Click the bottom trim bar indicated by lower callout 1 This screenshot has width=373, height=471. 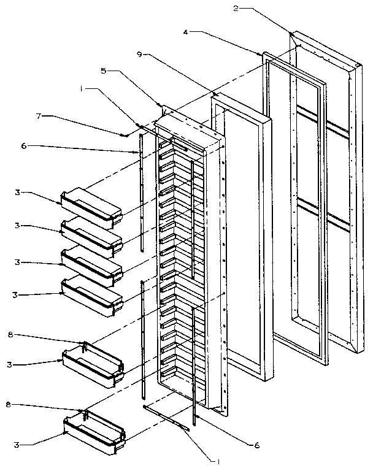[x=166, y=418]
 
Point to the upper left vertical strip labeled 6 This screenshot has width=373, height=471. [x=141, y=190]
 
